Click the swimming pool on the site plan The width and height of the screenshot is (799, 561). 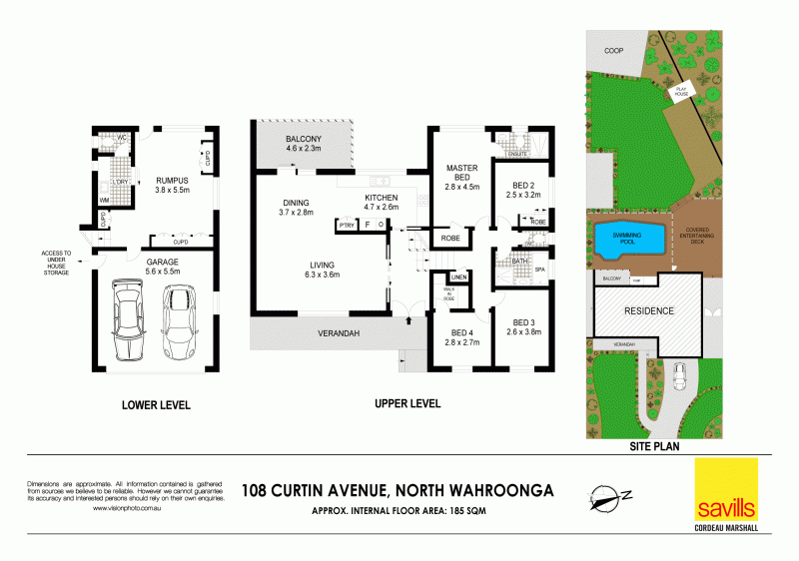tap(629, 239)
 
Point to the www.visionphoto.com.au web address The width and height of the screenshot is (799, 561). tap(123, 508)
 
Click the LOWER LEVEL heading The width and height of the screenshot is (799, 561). tap(156, 405)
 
